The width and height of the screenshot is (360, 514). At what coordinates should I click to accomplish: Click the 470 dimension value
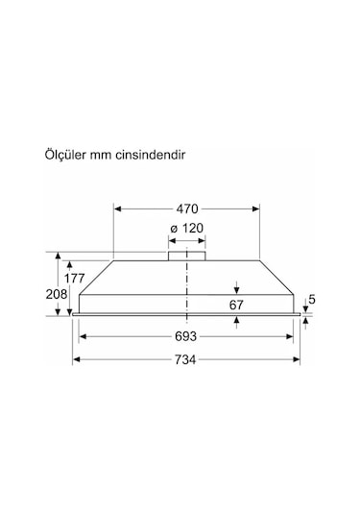[186, 207]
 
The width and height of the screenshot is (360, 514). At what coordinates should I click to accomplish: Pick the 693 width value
[186, 336]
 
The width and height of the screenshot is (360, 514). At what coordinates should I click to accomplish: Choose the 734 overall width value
[186, 359]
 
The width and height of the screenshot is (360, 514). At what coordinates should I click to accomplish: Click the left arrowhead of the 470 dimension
[117, 207]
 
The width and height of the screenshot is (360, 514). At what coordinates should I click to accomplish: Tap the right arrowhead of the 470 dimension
[256, 207]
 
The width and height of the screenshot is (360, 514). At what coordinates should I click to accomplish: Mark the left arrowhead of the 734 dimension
[76, 359]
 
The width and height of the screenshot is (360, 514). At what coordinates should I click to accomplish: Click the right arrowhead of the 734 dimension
[299, 359]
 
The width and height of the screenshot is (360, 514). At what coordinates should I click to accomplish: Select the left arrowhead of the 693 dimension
[83, 336]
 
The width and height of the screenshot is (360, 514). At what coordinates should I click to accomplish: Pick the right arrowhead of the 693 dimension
[292, 336]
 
